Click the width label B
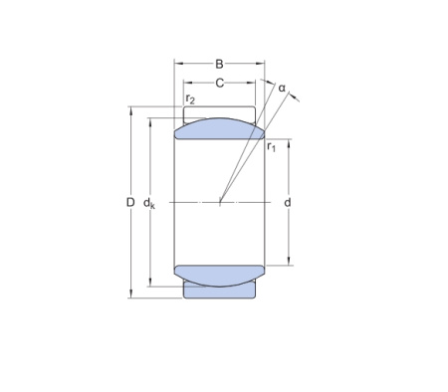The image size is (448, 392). click(220, 65)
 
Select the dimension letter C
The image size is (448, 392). click(219, 84)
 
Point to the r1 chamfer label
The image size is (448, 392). click(272, 147)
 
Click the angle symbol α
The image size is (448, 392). click(282, 89)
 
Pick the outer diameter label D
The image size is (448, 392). click(130, 203)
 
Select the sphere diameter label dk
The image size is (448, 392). click(150, 204)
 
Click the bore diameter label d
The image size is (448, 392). click(288, 203)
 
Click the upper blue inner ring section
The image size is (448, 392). click(219, 127)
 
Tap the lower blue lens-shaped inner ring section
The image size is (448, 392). click(219, 274)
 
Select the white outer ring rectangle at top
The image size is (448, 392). click(219, 111)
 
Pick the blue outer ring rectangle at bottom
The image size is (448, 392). click(219, 291)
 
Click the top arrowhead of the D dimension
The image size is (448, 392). click(130, 110)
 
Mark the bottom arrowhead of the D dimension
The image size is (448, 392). click(130, 294)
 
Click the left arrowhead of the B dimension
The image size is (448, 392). click(179, 65)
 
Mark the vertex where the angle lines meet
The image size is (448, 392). click(220, 203)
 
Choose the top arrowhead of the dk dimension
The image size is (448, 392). click(150, 122)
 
